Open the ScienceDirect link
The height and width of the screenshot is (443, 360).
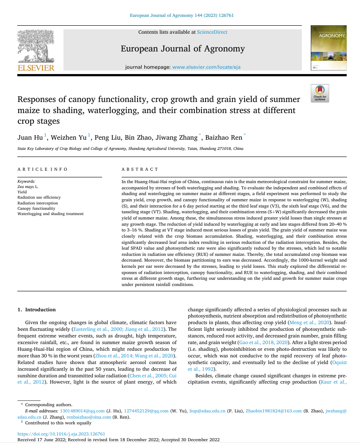click(212, 32)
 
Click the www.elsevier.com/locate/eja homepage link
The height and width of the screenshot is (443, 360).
click(206, 67)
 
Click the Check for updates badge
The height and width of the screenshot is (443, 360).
click(320, 93)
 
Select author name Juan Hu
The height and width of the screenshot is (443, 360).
click(30, 137)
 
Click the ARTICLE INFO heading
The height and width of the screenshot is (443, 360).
click(43, 169)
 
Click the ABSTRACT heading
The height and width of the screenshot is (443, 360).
click(140, 169)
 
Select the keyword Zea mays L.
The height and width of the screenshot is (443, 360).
click(28, 187)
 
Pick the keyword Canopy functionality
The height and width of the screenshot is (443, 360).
click(36, 208)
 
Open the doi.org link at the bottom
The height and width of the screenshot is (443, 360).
click(61, 434)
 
